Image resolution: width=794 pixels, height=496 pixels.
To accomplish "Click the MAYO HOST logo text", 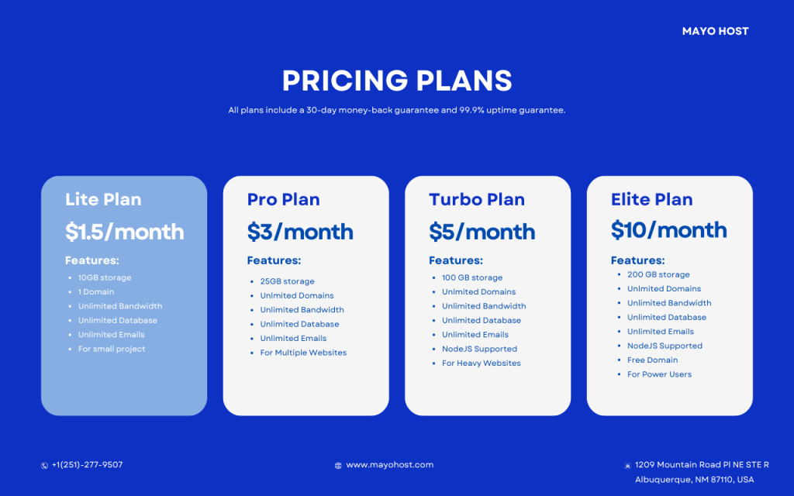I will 715,32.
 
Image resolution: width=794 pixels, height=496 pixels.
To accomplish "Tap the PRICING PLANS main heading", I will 397,81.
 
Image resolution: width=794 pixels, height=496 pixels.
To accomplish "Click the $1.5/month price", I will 124,232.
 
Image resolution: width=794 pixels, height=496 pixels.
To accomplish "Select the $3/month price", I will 300,232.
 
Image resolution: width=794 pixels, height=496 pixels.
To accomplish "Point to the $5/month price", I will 482,232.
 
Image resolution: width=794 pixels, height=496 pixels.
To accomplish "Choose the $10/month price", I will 668,230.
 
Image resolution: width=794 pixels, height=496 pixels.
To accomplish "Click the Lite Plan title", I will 103,199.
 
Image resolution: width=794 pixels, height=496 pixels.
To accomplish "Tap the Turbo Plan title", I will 476,199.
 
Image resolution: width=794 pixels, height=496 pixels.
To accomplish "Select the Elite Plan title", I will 651,199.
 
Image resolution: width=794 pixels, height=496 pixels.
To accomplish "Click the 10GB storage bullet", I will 105,277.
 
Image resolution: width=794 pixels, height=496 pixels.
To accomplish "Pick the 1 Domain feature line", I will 96,292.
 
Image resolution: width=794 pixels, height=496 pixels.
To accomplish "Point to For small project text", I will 112,349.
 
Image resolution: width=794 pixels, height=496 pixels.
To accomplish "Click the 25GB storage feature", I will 287,281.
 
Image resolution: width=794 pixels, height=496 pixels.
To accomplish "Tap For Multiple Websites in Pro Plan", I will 303,353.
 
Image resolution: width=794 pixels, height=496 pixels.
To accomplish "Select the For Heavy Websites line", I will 481,363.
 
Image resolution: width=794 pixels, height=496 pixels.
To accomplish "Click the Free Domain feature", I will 652,360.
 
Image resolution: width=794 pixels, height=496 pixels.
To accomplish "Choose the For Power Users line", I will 659,374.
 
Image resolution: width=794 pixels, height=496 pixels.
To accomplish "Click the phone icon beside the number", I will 44,466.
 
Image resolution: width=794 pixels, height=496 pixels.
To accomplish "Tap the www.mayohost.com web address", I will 389,465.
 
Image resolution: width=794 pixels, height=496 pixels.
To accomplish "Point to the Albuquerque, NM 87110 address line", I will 694,480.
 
